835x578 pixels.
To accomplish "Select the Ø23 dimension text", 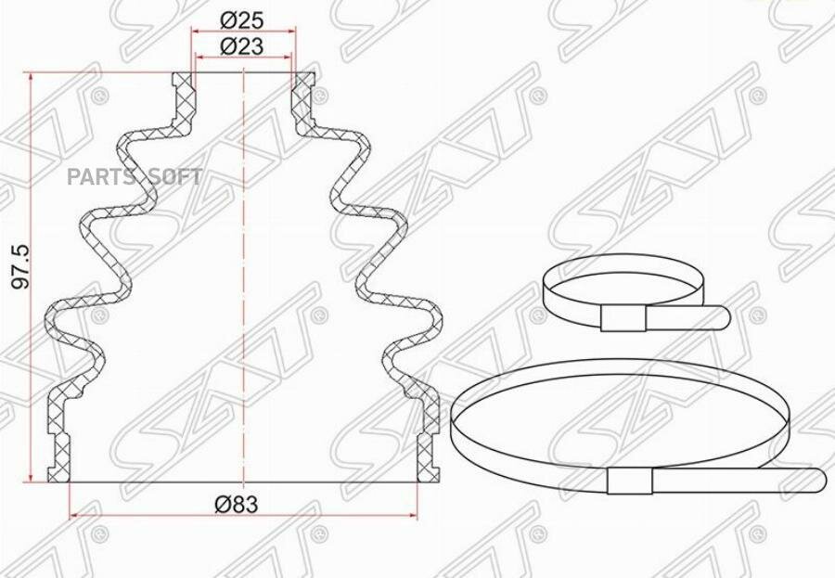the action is [x=241, y=46].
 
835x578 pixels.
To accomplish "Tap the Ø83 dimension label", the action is [x=236, y=504].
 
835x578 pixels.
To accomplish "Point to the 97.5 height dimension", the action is [x=21, y=266].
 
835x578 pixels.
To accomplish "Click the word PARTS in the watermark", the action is [x=101, y=177].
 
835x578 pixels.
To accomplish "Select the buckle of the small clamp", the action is [x=623, y=318].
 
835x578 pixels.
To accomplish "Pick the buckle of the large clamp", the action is [x=630, y=481].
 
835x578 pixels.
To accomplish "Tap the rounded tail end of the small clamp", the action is [x=723, y=318].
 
